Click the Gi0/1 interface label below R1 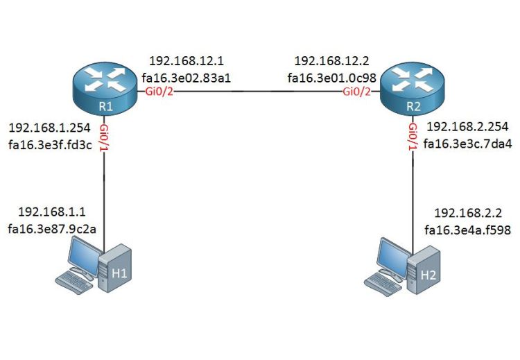[104, 135]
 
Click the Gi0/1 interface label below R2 [413, 135]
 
